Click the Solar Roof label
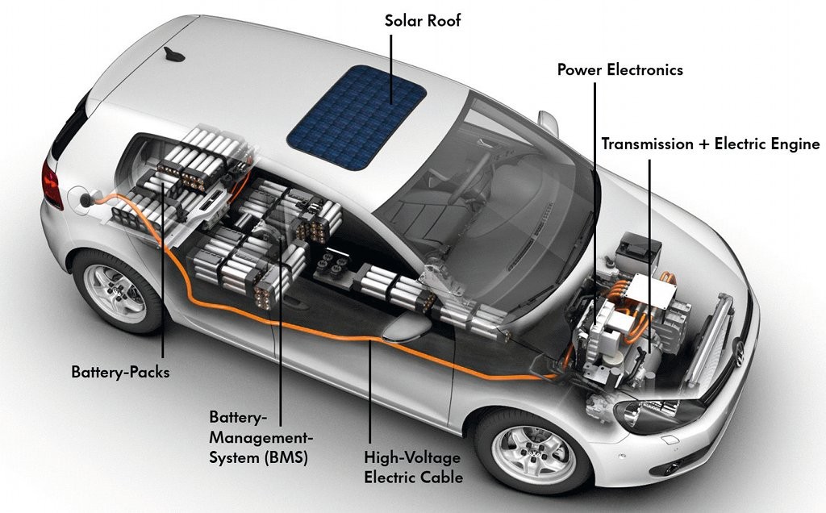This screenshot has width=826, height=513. (423, 20)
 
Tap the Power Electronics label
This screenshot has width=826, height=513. (619, 70)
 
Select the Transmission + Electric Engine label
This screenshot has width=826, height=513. (711, 144)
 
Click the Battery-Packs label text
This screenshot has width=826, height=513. (120, 373)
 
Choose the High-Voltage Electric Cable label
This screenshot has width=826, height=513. (413, 467)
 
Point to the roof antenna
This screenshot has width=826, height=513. (173, 55)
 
